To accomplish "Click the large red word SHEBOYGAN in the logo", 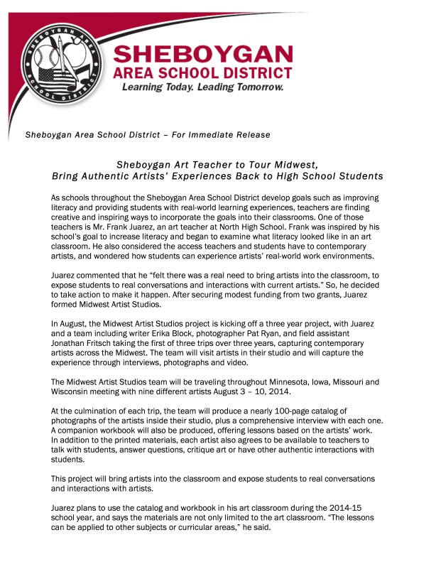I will (x=203, y=55).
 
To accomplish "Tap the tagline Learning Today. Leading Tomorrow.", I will (x=203, y=88).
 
